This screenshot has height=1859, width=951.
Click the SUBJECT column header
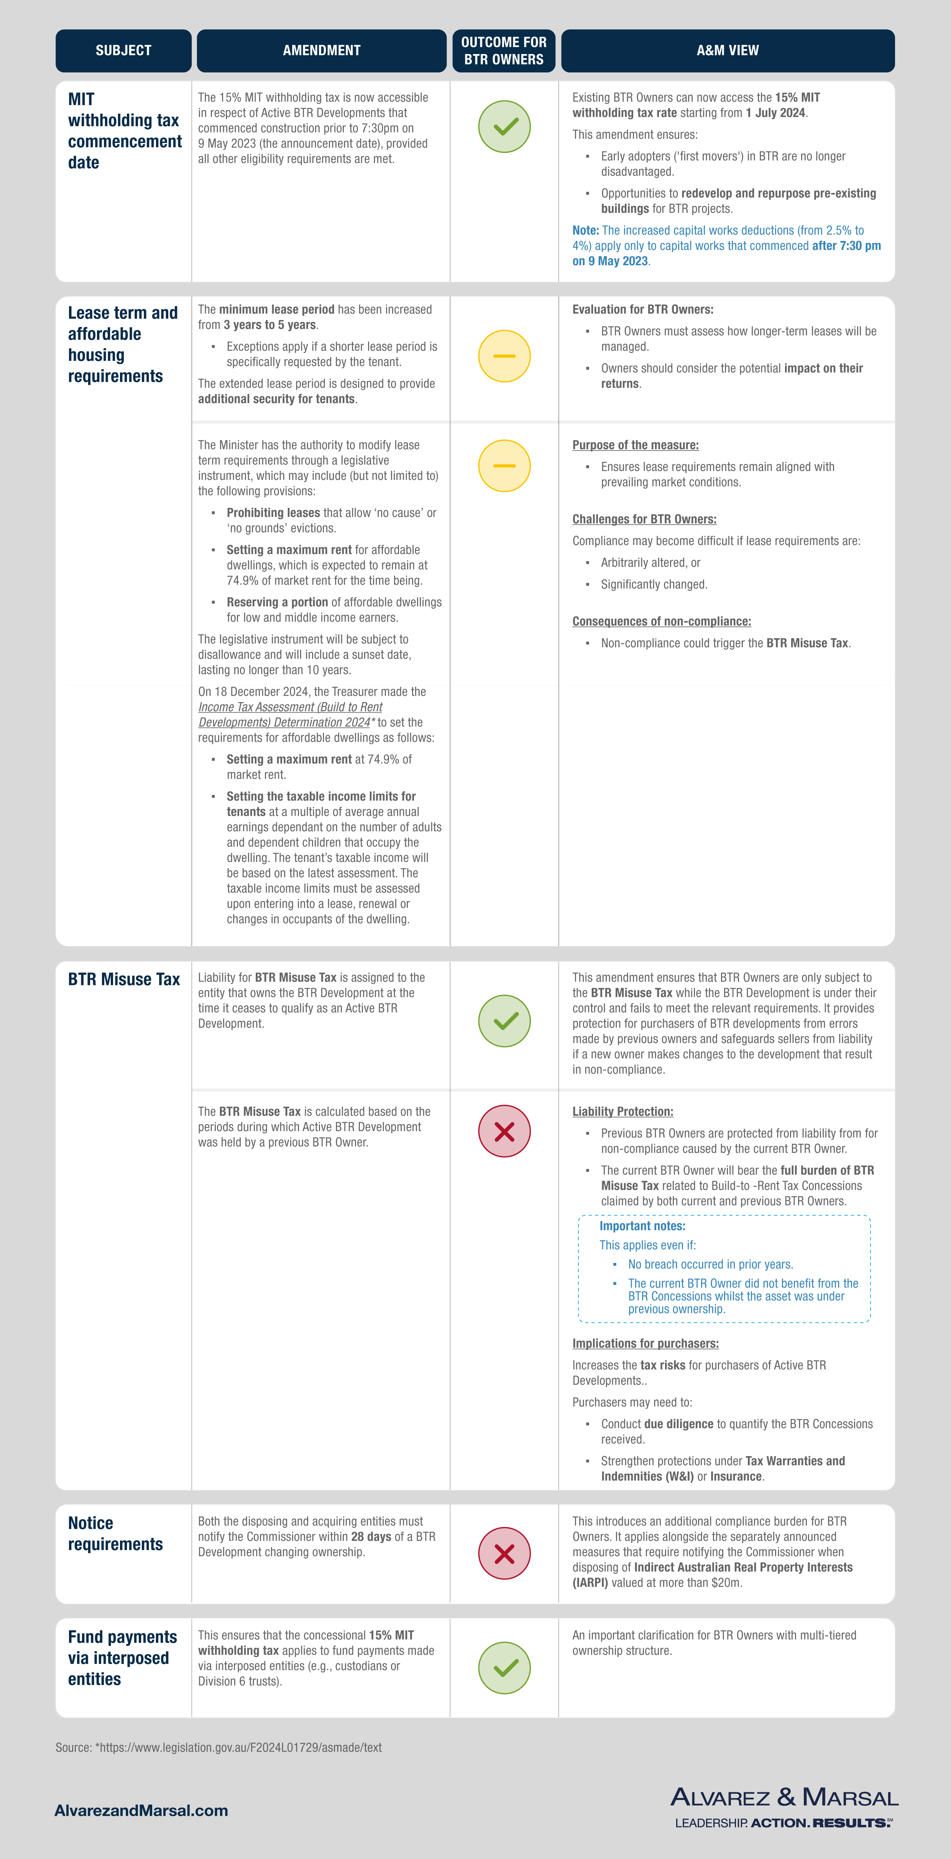tap(123, 51)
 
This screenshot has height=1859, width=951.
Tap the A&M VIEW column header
tap(727, 51)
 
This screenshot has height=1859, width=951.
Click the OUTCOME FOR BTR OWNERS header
tap(504, 51)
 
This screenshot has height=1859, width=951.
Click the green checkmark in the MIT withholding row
tap(504, 126)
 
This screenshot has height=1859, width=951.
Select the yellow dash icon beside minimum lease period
tap(504, 356)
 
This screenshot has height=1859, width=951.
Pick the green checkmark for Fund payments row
tap(504, 1668)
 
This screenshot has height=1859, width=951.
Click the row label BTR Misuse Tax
tap(123, 979)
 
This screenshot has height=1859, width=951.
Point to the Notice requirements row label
tap(115, 1534)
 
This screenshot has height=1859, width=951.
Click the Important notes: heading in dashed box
tap(642, 1226)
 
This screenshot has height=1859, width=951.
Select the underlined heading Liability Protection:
tap(623, 1111)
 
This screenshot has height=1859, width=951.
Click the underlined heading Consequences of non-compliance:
tap(662, 621)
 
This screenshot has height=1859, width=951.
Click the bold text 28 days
tap(371, 1536)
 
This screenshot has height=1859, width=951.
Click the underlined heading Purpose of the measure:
tap(635, 445)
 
